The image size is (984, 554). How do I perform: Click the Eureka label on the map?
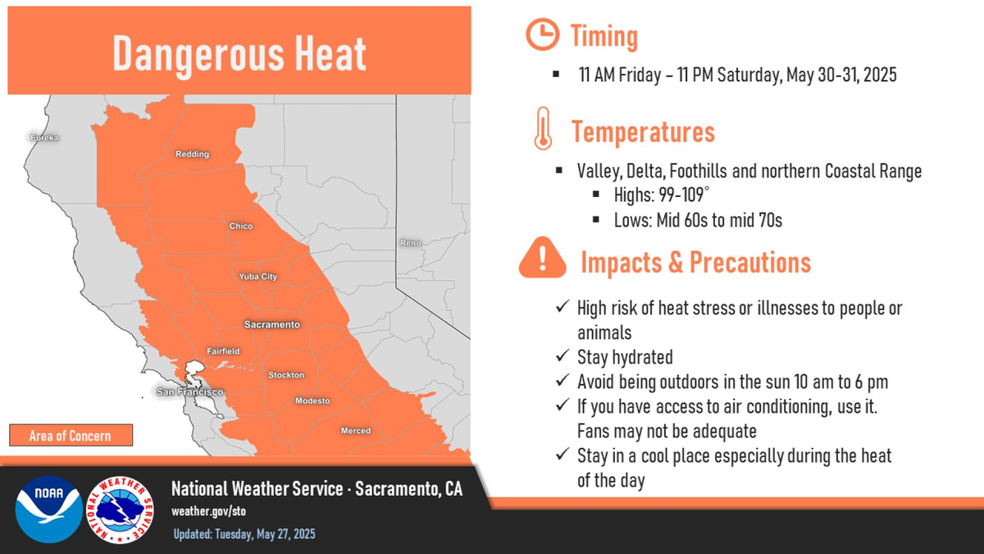[x=44, y=138]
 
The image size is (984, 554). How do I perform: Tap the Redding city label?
[x=193, y=154]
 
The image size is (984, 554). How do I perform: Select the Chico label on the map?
[x=241, y=226]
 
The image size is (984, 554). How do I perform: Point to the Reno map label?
[x=410, y=243]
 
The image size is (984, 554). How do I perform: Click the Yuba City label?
[x=257, y=277]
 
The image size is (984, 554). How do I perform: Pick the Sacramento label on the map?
[x=272, y=324]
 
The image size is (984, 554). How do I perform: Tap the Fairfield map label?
[x=223, y=351]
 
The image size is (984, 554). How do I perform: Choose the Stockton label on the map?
[x=286, y=375]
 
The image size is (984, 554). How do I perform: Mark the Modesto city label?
[x=312, y=401]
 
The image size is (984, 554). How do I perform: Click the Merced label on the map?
[x=356, y=431]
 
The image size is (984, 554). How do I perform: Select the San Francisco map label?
[x=190, y=391]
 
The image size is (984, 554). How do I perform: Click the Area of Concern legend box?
[x=71, y=435]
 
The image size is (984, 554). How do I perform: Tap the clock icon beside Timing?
[x=543, y=34]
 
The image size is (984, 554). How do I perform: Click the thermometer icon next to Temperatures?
[x=544, y=128]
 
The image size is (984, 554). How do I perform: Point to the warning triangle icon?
[x=543, y=258]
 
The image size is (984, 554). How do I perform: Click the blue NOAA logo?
[x=48, y=509]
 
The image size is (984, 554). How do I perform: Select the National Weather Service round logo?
[x=121, y=510]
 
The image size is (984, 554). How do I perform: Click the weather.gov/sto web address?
[x=208, y=511]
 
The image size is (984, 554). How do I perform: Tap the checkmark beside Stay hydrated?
[x=563, y=355]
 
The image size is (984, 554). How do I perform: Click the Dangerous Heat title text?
[x=239, y=53]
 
